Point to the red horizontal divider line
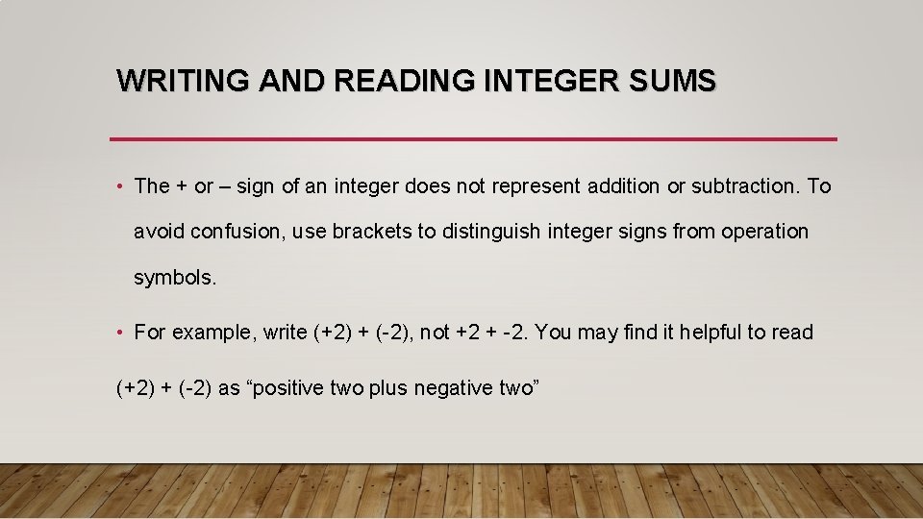[473, 139]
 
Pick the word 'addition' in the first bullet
[624, 185]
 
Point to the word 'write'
[285, 333]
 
